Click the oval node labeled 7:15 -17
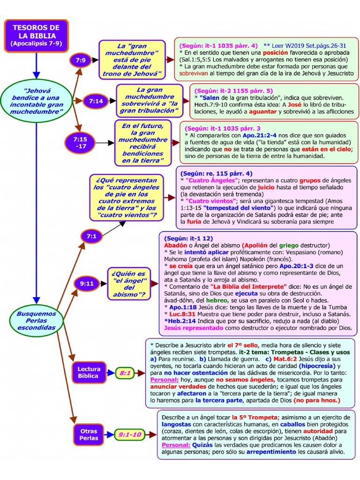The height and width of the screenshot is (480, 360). [80, 142]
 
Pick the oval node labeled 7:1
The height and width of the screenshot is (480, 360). [91, 237]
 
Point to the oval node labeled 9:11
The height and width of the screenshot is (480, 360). [86, 284]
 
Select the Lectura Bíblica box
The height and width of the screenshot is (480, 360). [88, 373]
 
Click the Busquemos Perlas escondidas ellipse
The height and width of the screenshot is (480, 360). [36, 321]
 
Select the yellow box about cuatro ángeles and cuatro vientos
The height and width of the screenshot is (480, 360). [127, 197]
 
